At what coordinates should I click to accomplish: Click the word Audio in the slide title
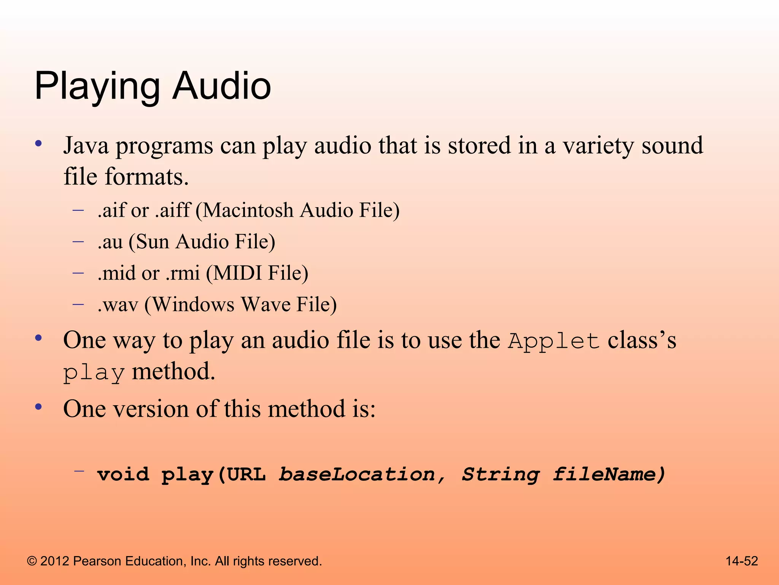pyautogui.click(x=222, y=86)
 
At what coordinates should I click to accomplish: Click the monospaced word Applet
pyautogui.click(x=554, y=341)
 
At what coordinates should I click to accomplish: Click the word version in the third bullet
pyautogui.click(x=151, y=409)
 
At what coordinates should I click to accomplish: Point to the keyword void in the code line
pyautogui.click(x=123, y=475)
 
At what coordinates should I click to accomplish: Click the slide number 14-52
pyautogui.click(x=741, y=561)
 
